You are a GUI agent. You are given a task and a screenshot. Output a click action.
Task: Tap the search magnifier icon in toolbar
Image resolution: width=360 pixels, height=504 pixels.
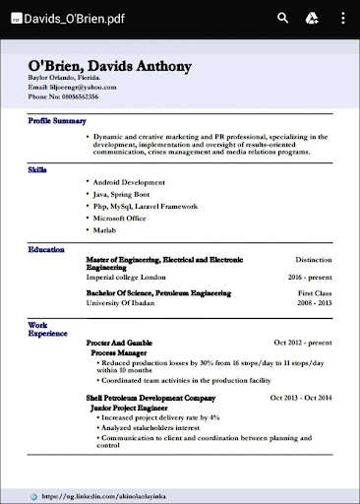(283, 18)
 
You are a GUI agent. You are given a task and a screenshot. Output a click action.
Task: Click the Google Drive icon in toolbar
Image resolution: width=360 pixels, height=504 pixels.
(312, 18)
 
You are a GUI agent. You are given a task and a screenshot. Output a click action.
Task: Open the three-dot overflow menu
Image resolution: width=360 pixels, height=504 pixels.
(341, 18)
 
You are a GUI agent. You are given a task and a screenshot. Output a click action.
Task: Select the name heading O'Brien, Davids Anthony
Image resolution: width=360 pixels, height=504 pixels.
(109, 67)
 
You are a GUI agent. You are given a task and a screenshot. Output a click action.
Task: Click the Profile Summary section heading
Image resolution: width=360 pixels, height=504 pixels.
(57, 121)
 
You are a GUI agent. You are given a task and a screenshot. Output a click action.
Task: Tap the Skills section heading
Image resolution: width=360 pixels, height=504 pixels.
(38, 169)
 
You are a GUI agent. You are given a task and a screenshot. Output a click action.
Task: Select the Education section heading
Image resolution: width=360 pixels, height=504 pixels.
(46, 250)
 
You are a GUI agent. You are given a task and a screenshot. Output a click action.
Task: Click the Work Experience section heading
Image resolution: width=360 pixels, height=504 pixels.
(43, 328)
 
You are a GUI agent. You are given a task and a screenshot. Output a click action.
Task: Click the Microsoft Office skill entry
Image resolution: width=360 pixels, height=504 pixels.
(128, 218)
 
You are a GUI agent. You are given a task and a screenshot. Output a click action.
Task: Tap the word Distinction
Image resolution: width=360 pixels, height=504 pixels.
(314, 260)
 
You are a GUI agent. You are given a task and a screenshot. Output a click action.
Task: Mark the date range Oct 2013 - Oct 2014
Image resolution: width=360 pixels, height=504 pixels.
(301, 397)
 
